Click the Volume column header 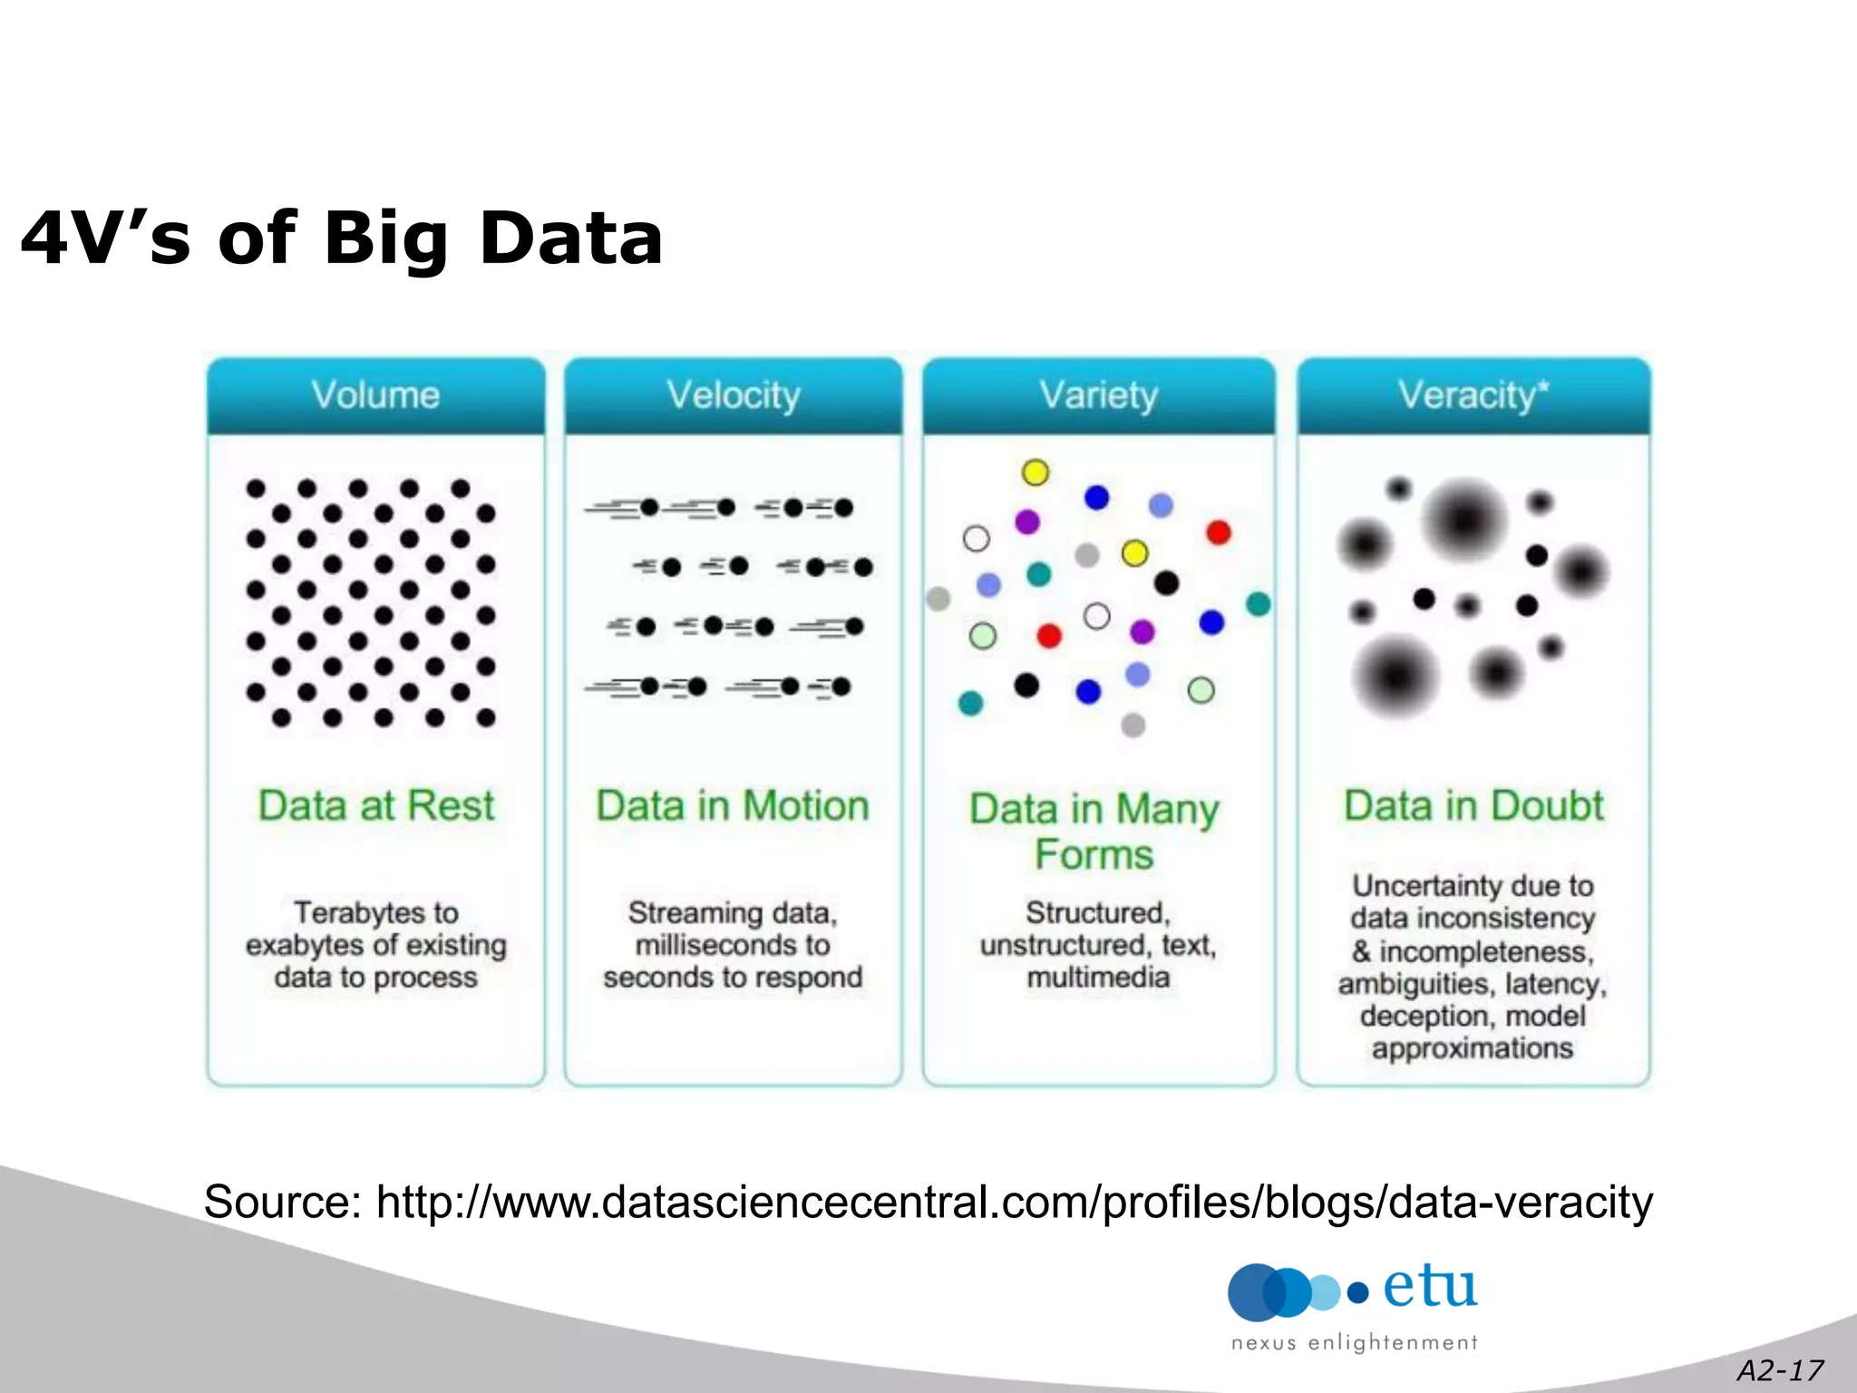click(x=375, y=395)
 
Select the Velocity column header click(x=734, y=395)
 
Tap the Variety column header click(x=1098, y=395)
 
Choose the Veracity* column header click(x=1473, y=395)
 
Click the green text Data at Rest click(x=375, y=805)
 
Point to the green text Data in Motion click(x=733, y=805)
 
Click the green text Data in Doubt click(x=1473, y=805)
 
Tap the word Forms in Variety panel click(x=1094, y=854)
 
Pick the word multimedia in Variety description click(x=1098, y=978)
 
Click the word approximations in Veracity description click(x=1472, y=1048)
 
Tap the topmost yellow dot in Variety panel click(x=1035, y=472)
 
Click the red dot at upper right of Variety click(x=1218, y=532)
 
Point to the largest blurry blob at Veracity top click(x=1463, y=521)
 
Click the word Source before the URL click(x=282, y=1203)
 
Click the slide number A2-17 click(x=1779, y=1369)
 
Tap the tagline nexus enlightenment click(x=1354, y=1343)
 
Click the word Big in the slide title click(x=385, y=238)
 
